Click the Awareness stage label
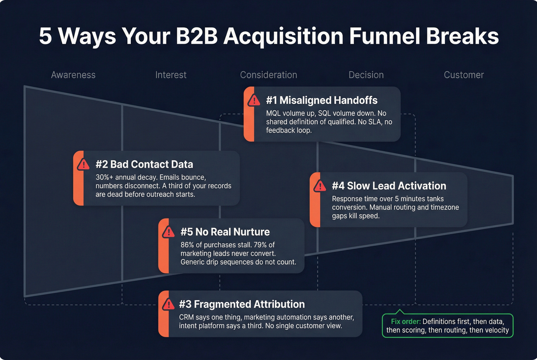point(73,75)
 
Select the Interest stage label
point(171,75)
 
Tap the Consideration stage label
point(268,75)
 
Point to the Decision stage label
point(366,75)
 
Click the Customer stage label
point(464,75)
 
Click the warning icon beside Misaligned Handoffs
point(254,100)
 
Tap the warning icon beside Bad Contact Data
point(83,164)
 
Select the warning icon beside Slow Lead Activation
point(320,186)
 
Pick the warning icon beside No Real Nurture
point(168,232)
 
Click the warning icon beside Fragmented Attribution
point(168,304)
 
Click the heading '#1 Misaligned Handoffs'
point(322,100)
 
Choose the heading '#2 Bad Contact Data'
point(144,164)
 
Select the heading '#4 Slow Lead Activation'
point(389,186)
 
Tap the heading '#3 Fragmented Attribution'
point(242,304)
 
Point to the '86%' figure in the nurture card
point(188,245)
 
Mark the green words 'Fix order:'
point(406,322)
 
